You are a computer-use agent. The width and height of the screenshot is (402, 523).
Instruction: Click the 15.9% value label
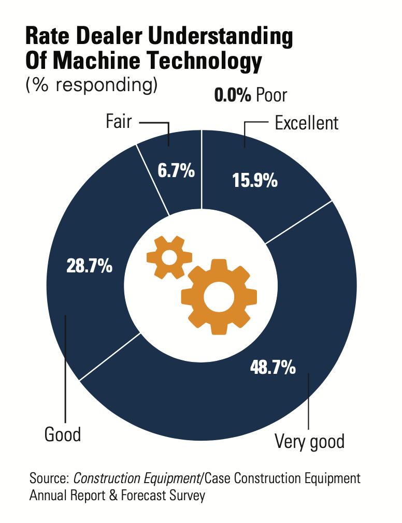255,181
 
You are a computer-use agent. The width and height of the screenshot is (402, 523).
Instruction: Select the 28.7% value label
90,266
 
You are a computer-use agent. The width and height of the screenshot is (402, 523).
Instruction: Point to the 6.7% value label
176,170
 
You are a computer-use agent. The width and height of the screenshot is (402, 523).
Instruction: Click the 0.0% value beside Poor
233,95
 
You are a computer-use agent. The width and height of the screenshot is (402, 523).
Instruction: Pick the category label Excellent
306,123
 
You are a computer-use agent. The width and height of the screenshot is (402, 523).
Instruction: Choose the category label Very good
309,442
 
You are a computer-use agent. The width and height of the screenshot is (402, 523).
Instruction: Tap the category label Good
63,434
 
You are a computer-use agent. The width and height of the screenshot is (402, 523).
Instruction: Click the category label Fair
119,122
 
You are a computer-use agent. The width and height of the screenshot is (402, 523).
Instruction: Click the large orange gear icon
219,297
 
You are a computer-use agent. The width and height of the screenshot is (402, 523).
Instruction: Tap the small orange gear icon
169,257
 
